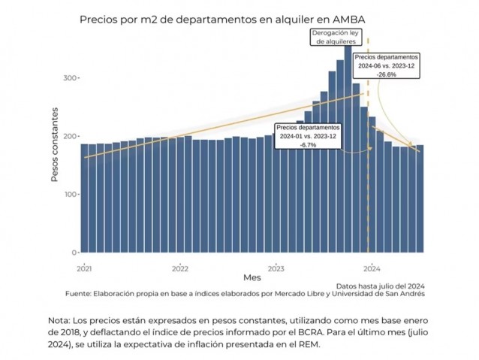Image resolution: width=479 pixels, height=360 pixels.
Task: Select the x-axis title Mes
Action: [x=252, y=277]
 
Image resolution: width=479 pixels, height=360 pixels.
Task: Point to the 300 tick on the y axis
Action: [x=68, y=77]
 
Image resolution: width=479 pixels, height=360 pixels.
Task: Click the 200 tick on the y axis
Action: [x=68, y=136]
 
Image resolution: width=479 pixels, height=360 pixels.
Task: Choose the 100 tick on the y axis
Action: [x=68, y=195]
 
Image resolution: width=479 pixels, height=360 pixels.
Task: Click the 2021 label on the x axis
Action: [x=84, y=267]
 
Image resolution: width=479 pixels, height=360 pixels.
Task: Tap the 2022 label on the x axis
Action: [x=180, y=267]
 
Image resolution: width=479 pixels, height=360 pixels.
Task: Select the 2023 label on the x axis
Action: [x=276, y=267]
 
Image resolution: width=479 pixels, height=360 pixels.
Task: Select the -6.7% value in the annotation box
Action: [x=308, y=144]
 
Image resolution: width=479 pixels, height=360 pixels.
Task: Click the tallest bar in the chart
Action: [x=348, y=150]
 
